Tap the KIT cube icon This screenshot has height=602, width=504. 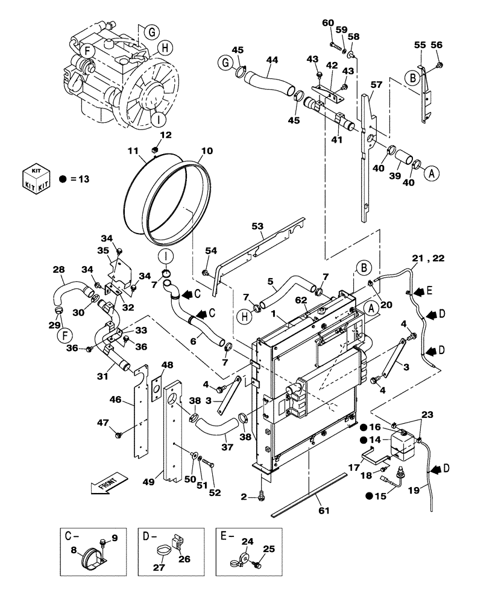36,178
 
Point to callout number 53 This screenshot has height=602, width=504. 257,226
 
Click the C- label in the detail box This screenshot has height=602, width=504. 72,535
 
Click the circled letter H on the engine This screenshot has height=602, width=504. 163,47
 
